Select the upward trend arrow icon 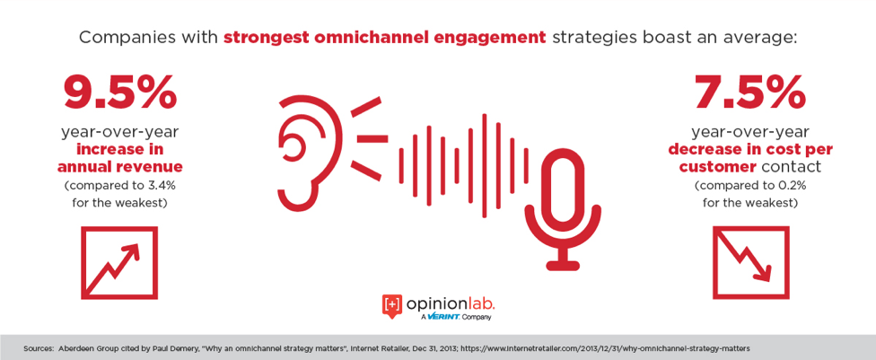119,263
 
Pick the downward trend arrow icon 751,263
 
